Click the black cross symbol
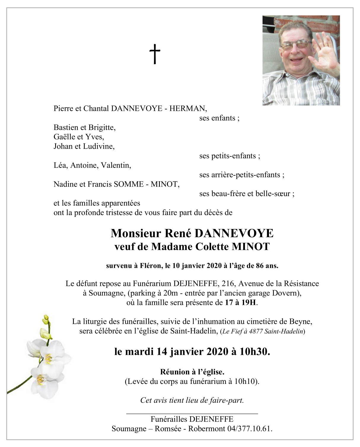(x=154, y=54)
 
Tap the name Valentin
(x=116, y=165)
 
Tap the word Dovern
(x=286, y=293)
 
